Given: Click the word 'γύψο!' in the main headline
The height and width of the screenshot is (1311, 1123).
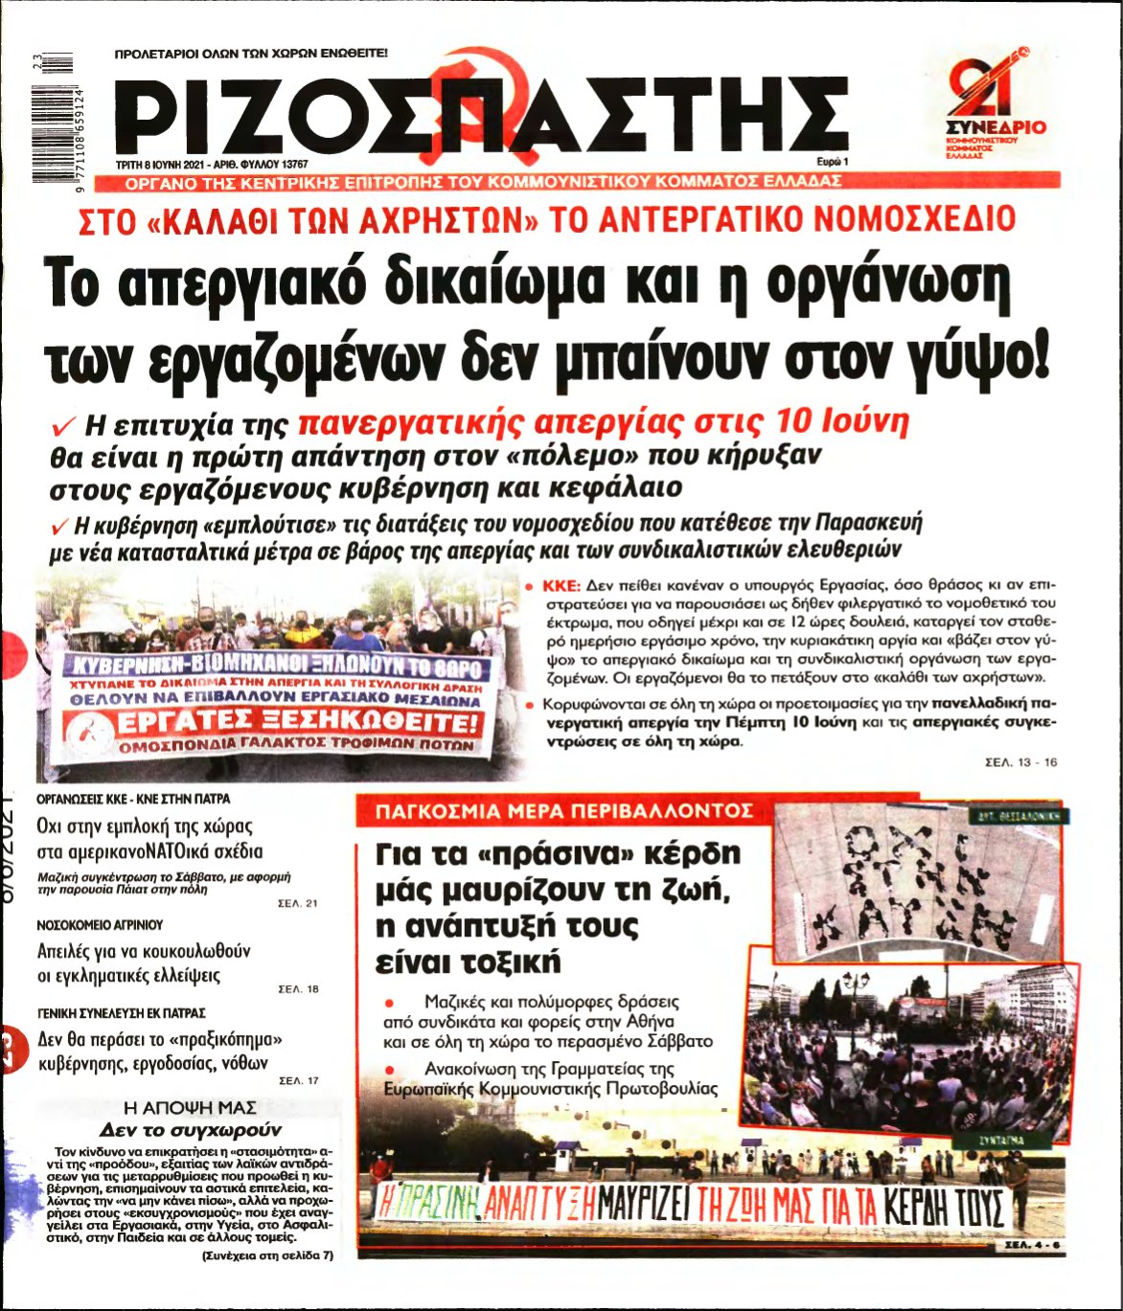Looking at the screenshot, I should pyautogui.click(x=988, y=358).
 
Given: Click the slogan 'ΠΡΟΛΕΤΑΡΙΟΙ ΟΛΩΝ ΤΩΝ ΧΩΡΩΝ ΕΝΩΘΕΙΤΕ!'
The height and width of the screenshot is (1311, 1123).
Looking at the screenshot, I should pyautogui.click(x=251, y=55).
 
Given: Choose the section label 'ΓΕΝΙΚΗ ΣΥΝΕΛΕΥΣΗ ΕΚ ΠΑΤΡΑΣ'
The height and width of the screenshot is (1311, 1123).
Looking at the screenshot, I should pyautogui.click(x=121, y=1011).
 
